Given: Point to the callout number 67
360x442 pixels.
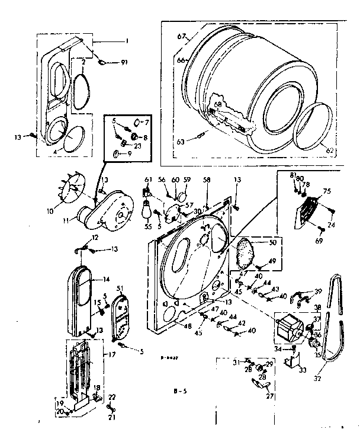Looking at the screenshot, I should click(x=181, y=37).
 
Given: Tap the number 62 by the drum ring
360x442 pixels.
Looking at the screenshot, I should click(x=330, y=150).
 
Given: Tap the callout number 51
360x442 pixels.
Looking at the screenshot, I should click(x=120, y=288).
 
